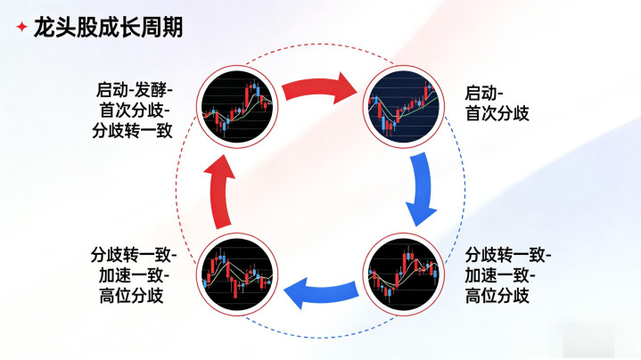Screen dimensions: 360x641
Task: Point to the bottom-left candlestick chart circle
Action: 234,270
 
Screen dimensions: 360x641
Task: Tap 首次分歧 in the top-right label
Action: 497,113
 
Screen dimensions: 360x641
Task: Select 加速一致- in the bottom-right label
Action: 503,274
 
